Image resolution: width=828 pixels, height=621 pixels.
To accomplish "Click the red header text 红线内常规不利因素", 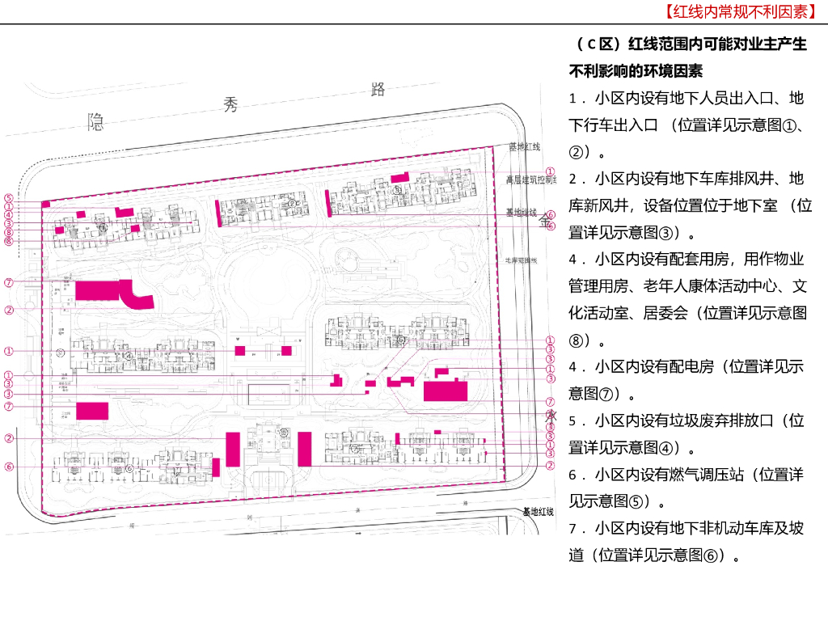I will point(740,12).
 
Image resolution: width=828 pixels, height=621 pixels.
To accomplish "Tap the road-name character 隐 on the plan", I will point(96,122).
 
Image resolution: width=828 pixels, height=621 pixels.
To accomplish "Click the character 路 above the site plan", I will point(377,89).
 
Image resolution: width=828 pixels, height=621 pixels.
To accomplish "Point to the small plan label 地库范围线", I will point(522,260).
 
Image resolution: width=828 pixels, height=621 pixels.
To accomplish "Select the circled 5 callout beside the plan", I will point(8,198).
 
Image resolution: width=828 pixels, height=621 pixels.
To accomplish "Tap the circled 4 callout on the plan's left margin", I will point(8,215).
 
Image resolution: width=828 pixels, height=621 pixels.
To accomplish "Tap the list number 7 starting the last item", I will point(572,528).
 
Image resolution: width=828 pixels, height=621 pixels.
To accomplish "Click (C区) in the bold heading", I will point(597,44).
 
